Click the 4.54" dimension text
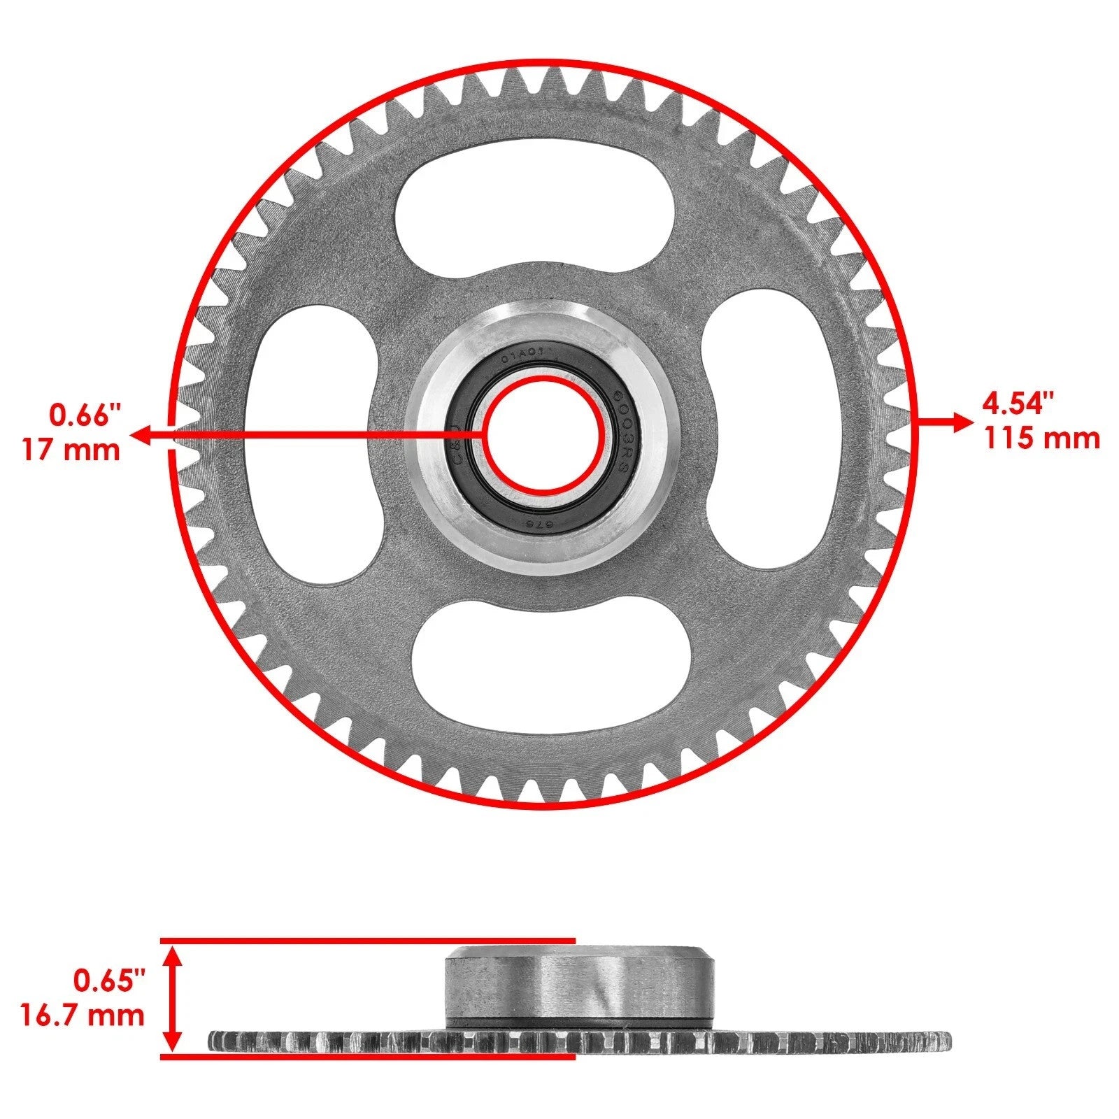[1018, 404]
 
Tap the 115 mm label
[1042, 439]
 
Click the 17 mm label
[71, 450]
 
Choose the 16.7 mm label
[82, 1015]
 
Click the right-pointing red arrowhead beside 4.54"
[962, 422]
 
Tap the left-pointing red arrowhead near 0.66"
[142, 437]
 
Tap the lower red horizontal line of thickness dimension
[367, 1057]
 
